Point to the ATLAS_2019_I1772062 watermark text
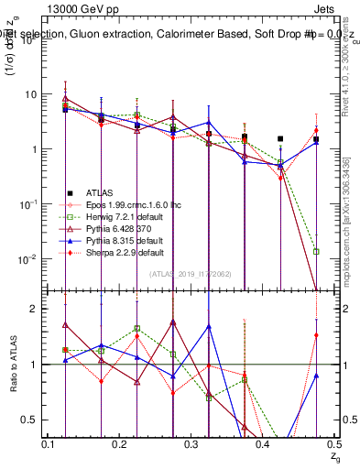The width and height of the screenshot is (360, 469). click(191, 273)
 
